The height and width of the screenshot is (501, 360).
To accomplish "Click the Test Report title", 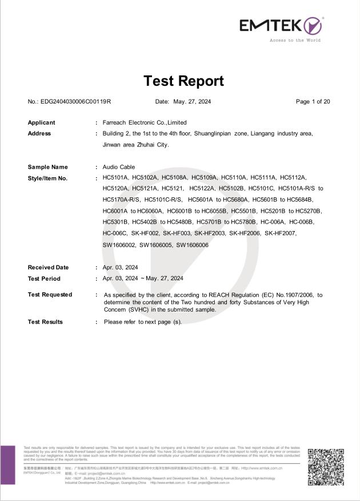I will click(x=183, y=81).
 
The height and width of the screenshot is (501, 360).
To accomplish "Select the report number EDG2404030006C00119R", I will click(x=75, y=102).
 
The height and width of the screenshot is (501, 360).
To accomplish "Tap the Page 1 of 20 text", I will click(x=313, y=102).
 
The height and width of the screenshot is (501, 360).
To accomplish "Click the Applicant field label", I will click(x=42, y=122).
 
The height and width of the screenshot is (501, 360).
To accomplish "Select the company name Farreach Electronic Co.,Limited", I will click(x=145, y=122).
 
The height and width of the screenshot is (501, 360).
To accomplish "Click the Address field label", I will click(x=39, y=133).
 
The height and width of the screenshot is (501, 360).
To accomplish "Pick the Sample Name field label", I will click(x=48, y=167).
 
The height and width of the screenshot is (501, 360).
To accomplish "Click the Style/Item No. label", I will click(x=48, y=178).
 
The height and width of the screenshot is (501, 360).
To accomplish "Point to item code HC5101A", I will click(x=115, y=178).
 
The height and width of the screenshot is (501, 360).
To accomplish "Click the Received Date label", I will click(x=49, y=267).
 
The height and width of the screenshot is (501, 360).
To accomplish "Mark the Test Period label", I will click(x=44, y=279).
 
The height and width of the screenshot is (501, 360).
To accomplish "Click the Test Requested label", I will click(x=50, y=295).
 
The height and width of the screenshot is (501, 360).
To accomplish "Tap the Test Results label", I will click(x=46, y=322).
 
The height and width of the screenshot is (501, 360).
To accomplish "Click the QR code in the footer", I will click(x=326, y=467).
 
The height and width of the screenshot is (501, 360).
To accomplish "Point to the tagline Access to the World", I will click(x=295, y=40).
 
